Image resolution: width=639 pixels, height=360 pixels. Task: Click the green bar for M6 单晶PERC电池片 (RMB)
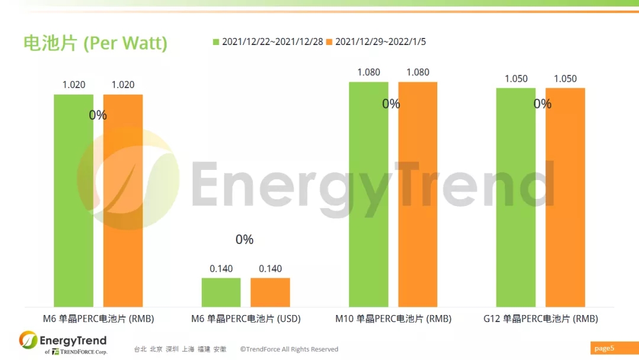pos(73,201)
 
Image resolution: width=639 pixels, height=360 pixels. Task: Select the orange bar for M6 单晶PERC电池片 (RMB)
pos(123,201)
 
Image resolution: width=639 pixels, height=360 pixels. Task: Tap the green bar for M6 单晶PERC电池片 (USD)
pos(221,292)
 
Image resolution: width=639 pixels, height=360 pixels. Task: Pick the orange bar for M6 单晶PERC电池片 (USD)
pos(270,292)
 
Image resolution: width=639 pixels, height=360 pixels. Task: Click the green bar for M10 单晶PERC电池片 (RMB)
pos(369,194)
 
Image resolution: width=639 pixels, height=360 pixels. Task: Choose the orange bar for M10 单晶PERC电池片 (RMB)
pos(418,194)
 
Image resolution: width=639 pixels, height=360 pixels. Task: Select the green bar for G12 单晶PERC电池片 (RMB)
pos(516,197)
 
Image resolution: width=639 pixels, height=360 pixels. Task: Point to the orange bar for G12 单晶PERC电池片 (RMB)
pos(565,197)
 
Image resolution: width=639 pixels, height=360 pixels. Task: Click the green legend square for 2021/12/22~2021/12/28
pos(216,41)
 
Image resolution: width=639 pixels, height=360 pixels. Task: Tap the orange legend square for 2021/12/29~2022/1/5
pos(330,41)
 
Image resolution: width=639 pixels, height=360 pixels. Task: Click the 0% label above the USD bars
pos(244,239)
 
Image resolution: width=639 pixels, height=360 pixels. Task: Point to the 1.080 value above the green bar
pos(369,72)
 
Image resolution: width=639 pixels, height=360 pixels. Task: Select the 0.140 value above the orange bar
pos(270,269)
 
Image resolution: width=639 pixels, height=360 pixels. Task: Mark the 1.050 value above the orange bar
pos(565,79)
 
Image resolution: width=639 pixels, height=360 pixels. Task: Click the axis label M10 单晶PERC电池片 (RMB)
pos(393,319)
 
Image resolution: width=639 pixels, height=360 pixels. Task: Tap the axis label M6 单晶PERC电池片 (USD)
pos(246,319)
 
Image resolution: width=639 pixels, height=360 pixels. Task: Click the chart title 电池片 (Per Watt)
pos(95,43)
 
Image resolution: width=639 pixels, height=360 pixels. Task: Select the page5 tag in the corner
pos(604,348)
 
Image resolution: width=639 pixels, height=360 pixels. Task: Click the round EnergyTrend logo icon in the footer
pos(28,340)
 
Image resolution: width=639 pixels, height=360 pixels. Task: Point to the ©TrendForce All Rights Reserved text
pos(289,349)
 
